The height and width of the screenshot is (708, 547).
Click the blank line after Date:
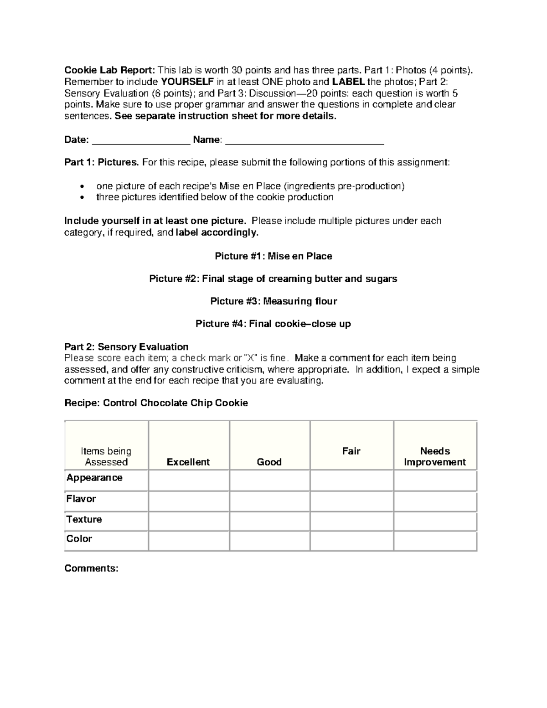(x=141, y=140)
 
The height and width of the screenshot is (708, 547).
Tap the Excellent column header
(x=188, y=462)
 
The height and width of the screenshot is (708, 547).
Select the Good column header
(x=269, y=462)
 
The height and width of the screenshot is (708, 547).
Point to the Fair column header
(x=351, y=451)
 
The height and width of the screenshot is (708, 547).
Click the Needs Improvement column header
(x=435, y=456)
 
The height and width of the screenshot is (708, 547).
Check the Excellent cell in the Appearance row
(x=189, y=481)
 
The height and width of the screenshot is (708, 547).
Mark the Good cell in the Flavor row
(x=269, y=501)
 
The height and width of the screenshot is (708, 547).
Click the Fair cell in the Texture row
(x=351, y=522)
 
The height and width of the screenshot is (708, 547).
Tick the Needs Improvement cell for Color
(x=435, y=541)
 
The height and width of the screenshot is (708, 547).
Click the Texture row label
(x=84, y=519)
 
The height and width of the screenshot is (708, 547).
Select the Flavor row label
(x=81, y=499)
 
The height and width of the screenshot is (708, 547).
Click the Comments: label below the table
(x=91, y=568)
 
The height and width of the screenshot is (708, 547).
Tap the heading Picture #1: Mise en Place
(x=273, y=256)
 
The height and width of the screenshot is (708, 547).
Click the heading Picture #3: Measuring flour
(x=273, y=301)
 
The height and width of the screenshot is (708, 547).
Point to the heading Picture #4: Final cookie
(x=273, y=324)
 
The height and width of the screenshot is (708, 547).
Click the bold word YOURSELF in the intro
(x=187, y=82)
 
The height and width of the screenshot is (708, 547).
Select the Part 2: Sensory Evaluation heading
(x=126, y=346)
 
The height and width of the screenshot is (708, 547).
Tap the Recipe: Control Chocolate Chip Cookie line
(x=156, y=403)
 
